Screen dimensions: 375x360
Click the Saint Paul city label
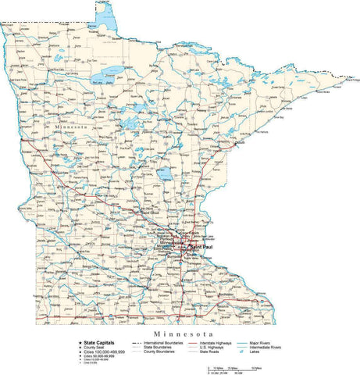tap(195, 248)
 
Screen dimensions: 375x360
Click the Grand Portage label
tap(354, 79)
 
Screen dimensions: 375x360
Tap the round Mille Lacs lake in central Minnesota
tap(165, 173)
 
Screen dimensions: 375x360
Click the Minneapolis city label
tap(169, 243)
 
